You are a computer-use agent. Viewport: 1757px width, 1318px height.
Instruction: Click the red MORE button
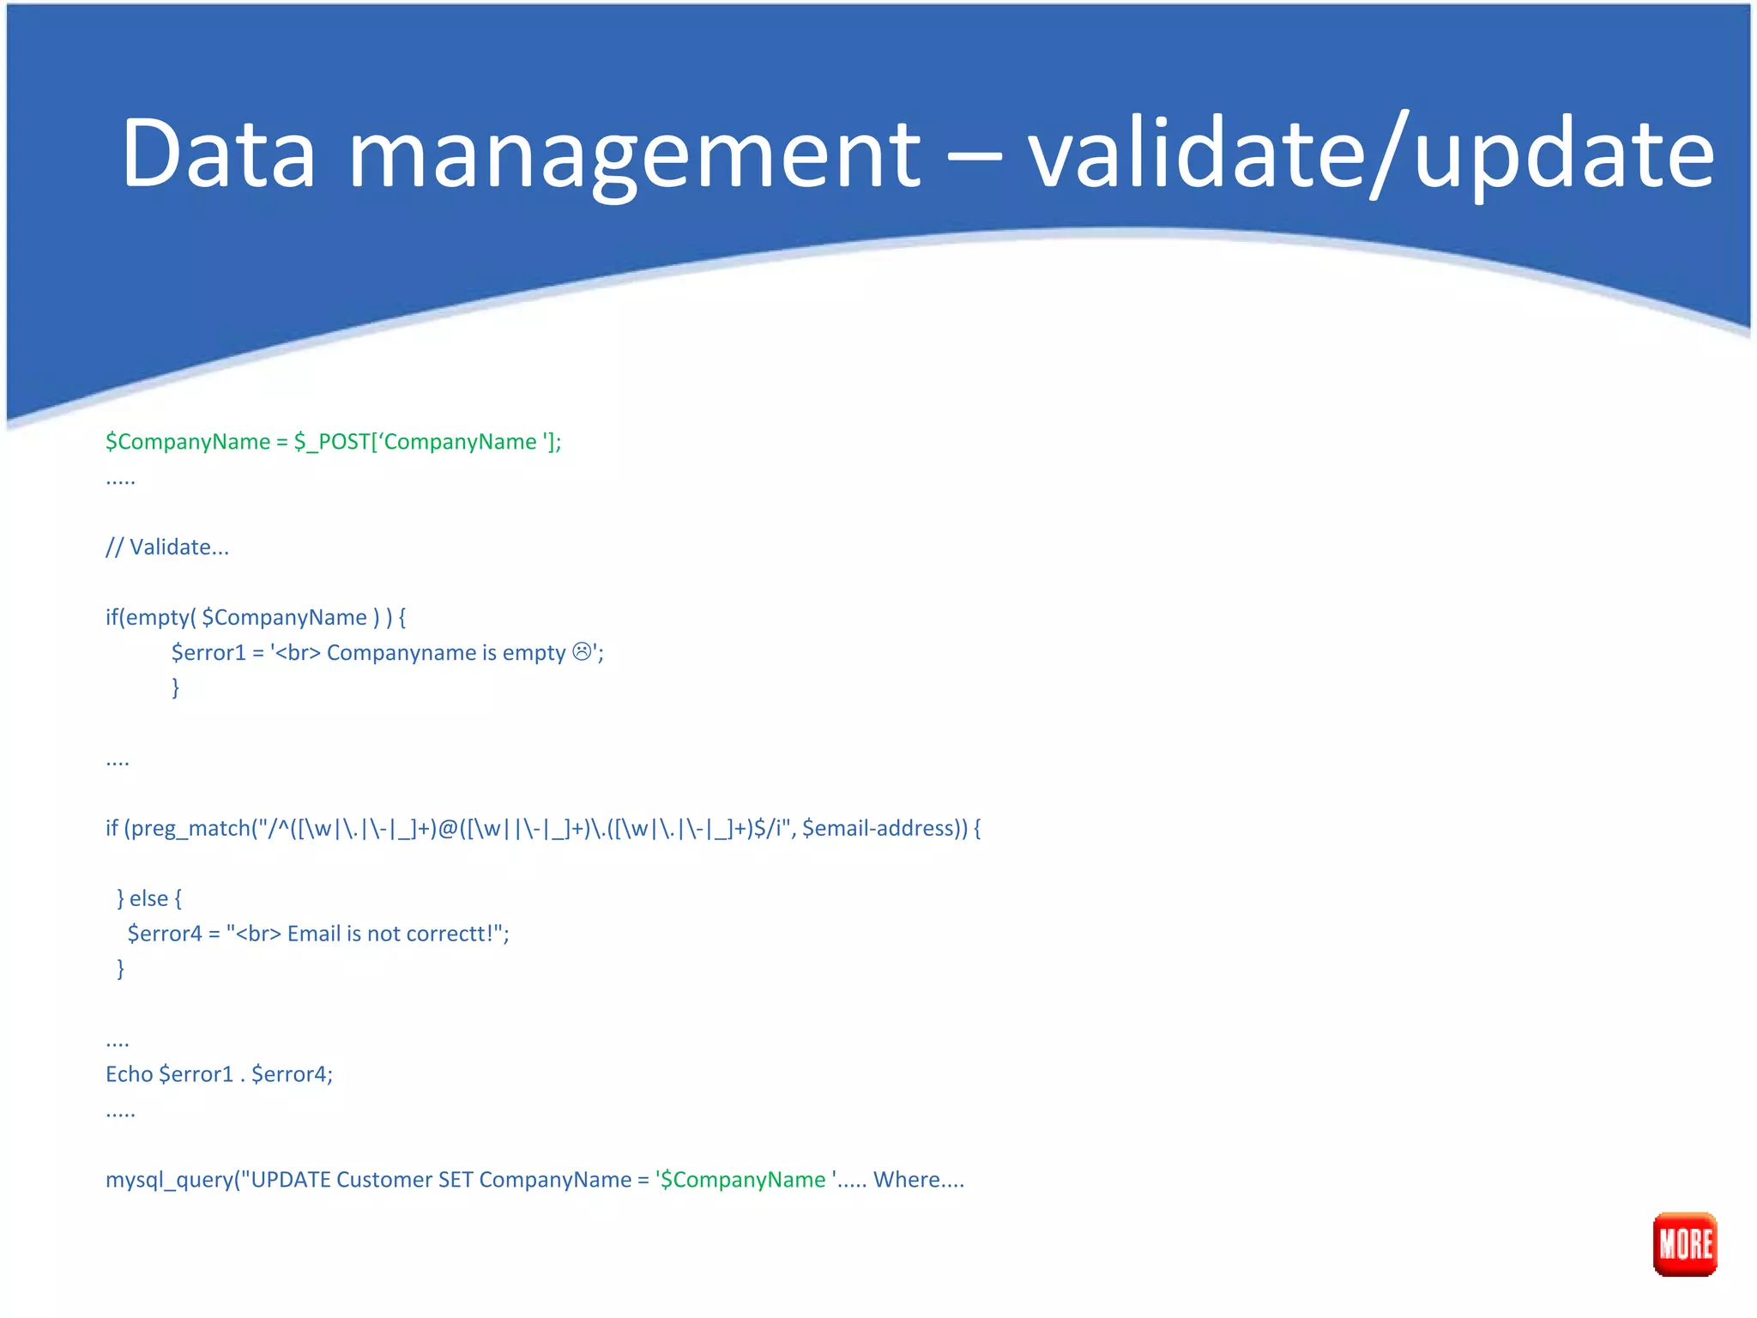point(1684,1243)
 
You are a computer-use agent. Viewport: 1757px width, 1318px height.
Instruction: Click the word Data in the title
point(219,153)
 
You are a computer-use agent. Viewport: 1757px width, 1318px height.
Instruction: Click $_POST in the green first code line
point(331,442)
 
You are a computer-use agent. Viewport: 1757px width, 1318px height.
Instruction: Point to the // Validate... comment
point(167,547)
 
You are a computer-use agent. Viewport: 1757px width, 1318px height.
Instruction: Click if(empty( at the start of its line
point(150,618)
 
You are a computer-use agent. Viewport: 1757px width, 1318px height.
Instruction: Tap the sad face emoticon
point(583,652)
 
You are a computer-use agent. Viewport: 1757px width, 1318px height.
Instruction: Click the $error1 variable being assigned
point(208,653)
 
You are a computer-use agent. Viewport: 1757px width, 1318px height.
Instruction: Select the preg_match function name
point(190,829)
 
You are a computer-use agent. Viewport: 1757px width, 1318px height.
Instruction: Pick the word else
point(148,898)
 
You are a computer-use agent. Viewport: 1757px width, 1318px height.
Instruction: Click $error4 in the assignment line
point(165,934)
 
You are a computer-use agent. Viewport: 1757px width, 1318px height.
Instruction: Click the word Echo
point(129,1074)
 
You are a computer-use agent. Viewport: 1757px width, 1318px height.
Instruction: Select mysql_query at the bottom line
point(168,1180)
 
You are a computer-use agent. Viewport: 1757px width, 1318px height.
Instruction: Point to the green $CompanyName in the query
point(743,1180)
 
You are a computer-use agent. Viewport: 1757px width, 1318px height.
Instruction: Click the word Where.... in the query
point(918,1180)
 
